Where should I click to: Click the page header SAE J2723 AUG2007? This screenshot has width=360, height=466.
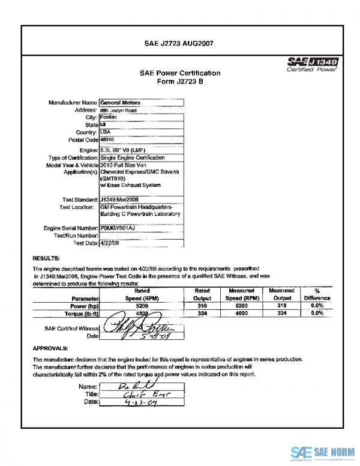pos(179,43)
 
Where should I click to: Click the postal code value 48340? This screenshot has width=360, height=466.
pos(108,139)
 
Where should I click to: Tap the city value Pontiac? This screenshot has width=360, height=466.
pos(109,117)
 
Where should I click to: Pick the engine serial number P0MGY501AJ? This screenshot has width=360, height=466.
pos(118,229)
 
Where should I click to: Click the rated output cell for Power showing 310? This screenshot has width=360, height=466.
pos(202,305)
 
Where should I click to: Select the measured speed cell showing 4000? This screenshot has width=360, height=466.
pos(242,313)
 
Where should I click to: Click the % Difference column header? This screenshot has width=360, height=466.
pos(317,294)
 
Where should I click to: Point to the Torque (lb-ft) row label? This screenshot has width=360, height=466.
pos(76,313)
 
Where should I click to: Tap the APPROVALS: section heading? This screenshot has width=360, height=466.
pos(50,348)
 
